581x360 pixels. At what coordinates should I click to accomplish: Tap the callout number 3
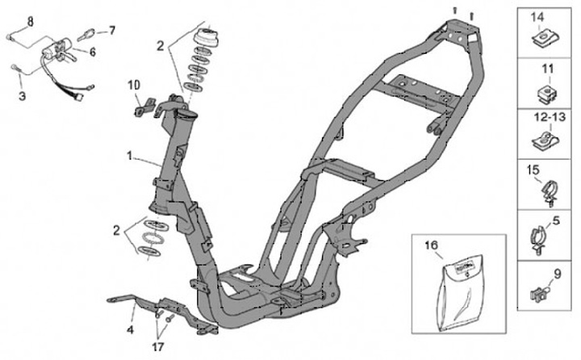tap(22, 95)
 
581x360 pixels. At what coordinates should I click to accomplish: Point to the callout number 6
tap(93, 52)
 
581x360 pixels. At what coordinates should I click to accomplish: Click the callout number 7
tap(112, 31)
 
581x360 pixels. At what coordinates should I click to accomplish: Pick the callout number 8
tap(30, 20)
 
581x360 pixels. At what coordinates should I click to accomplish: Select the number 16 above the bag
tap(432, 243)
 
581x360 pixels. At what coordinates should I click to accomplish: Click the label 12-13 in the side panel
tap(545, 117)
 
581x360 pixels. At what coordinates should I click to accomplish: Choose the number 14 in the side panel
tap(537, 16)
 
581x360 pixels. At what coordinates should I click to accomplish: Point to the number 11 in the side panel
tap(545, 67)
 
